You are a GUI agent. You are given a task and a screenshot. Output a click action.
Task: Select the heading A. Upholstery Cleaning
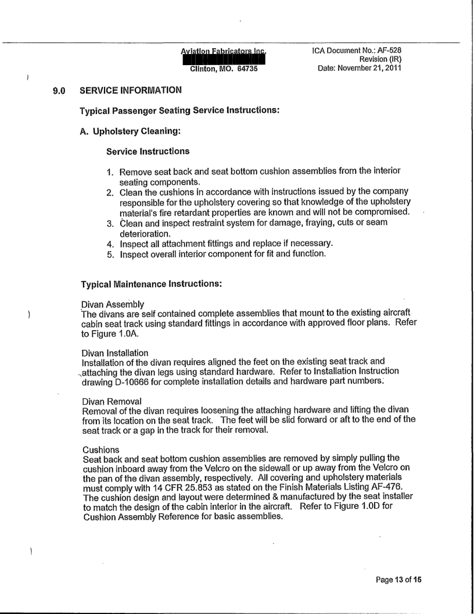click(130, 131)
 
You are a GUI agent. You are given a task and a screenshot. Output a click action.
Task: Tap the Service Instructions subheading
click(148, 152)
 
